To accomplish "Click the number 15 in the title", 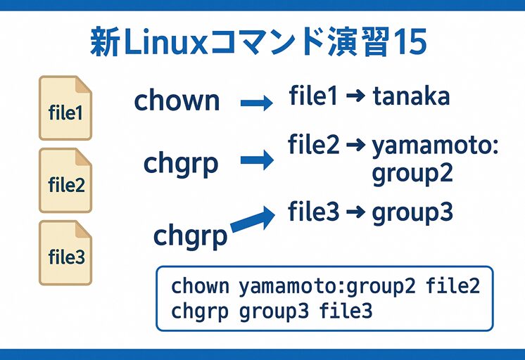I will pos(408,43).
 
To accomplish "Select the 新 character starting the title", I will pos(104,43).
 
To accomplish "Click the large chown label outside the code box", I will pos(177,101).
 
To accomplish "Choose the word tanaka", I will pos(411,96).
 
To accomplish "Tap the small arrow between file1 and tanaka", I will pos(355,97).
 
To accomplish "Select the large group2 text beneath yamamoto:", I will pos(412,172).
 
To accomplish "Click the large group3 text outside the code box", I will pos(412,212).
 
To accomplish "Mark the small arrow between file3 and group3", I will pos(355,212).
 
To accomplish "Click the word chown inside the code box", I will pos(200,286).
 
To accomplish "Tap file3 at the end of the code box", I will pos(346,310).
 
